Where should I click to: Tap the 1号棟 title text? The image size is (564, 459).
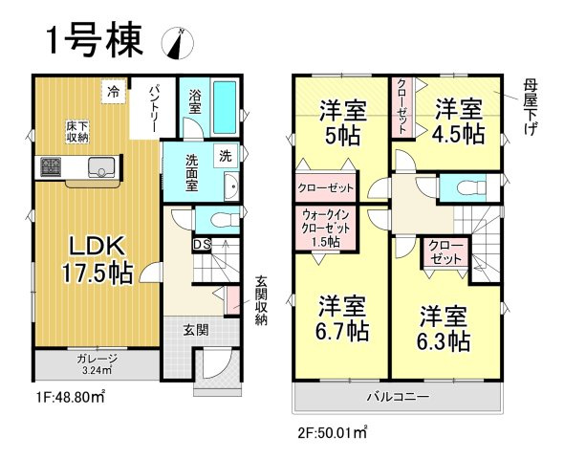point(95,41)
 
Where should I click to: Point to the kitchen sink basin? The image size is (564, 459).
point(98,169)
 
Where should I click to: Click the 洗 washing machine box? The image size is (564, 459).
point(225,154)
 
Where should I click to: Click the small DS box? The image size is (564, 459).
point(201,246)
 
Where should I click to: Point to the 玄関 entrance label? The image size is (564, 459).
point(195,330)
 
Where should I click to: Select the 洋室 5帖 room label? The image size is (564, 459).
point(340,121)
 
